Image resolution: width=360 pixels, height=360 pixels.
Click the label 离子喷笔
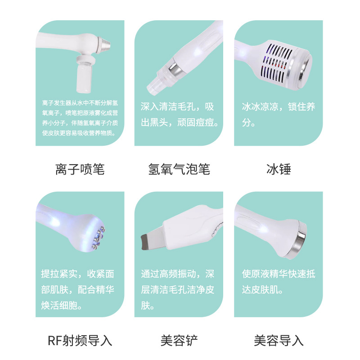pyautogui.click(x=80, y=169)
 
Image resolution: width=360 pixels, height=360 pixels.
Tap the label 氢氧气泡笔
pyautogui.click(x=179, y=169)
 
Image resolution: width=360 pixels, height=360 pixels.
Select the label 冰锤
pyautogui.click(x=279, y=169)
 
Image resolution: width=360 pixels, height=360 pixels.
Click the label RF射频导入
pyautogui.click(x=80, y=340)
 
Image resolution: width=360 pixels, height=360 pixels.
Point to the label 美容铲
pyautogui.click(x=179, y=340)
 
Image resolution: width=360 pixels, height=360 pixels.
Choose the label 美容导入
pyautogui.click(x=279, y=340)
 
